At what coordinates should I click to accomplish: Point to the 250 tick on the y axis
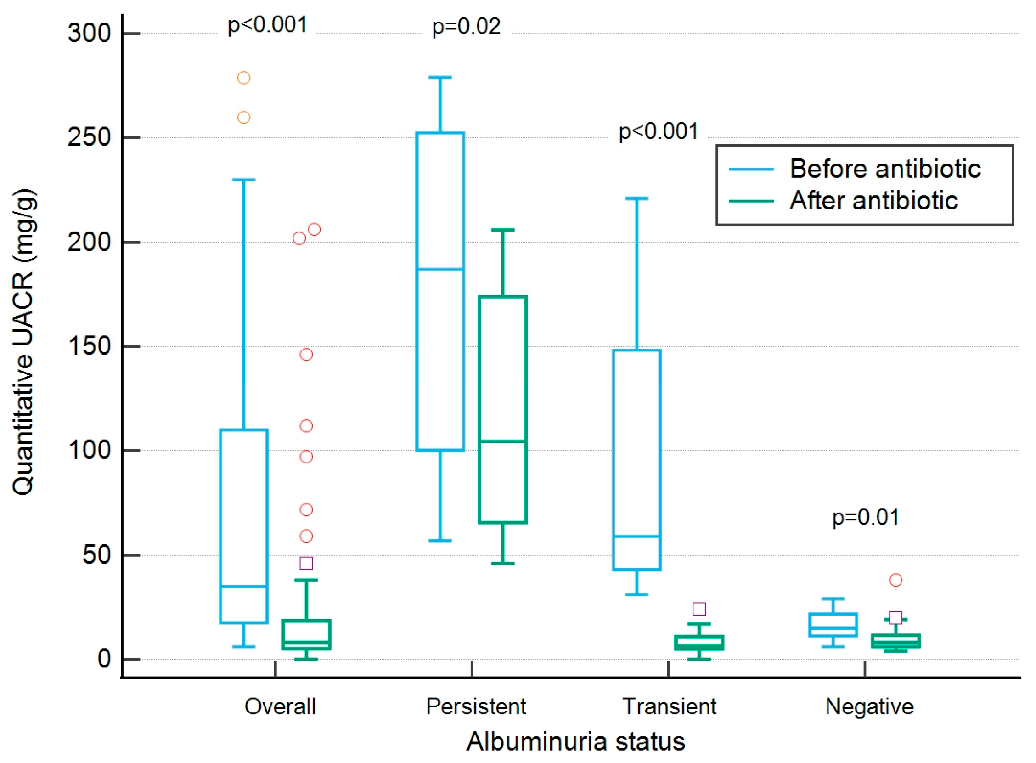[90, 138]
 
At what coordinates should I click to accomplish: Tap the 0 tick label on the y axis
[104, 659]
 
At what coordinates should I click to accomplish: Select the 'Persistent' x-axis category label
[476, 706]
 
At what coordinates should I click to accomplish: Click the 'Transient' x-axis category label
[669, 706]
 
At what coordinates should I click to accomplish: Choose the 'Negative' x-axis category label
[869, 706]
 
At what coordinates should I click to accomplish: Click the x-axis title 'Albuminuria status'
[575, 742]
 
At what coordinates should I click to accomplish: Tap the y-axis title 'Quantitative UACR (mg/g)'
[23, 342]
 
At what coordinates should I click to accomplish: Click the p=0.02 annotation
[466, 27]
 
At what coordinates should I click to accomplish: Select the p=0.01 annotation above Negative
[866, 517]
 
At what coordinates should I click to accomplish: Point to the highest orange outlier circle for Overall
[244, 78]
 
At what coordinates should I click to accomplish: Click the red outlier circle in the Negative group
[895, 580]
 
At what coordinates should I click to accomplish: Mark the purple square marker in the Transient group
[699, 609]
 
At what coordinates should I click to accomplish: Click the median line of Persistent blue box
[440, 269]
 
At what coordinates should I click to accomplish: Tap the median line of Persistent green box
[503, 441]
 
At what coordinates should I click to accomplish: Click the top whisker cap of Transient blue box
[636, 198]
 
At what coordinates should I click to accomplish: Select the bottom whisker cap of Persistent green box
[503, 564]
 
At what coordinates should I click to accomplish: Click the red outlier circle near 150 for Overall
[306, 355]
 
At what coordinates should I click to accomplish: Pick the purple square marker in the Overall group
[306, 563]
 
